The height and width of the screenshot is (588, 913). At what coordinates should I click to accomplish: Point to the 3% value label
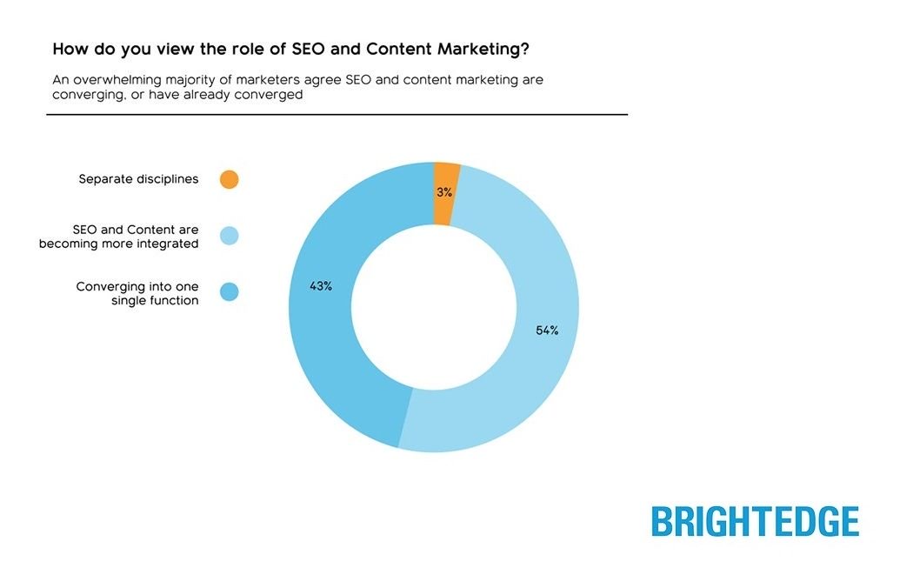click(444, 192)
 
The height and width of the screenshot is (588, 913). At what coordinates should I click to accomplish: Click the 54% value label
click(547, 331)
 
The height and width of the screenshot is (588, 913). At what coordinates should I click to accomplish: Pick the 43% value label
click(321, 285)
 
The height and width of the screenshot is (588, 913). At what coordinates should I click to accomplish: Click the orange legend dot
click(229, 180)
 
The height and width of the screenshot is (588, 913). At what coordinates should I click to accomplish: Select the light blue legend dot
click(229, 236)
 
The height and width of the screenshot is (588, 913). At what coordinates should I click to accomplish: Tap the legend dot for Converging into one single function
click(229, 292)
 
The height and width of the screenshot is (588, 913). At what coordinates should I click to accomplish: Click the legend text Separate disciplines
click(138, 179)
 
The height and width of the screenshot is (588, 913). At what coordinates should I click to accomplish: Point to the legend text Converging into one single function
click(137, 293)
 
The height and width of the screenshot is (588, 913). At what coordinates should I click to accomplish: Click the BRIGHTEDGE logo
click(755, 521)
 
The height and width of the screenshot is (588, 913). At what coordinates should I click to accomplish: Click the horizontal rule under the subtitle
click(337, 115)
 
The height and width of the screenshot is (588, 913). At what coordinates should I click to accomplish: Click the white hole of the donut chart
click(434, 306)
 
